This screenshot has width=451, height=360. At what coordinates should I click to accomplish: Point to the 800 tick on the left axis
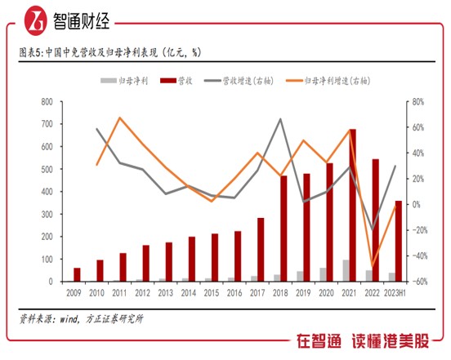(47, 102)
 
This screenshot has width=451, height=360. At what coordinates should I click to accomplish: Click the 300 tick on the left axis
(47, 215)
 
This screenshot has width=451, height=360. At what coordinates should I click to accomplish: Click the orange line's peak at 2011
(120, 118)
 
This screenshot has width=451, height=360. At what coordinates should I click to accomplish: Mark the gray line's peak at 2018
(280, 119)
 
